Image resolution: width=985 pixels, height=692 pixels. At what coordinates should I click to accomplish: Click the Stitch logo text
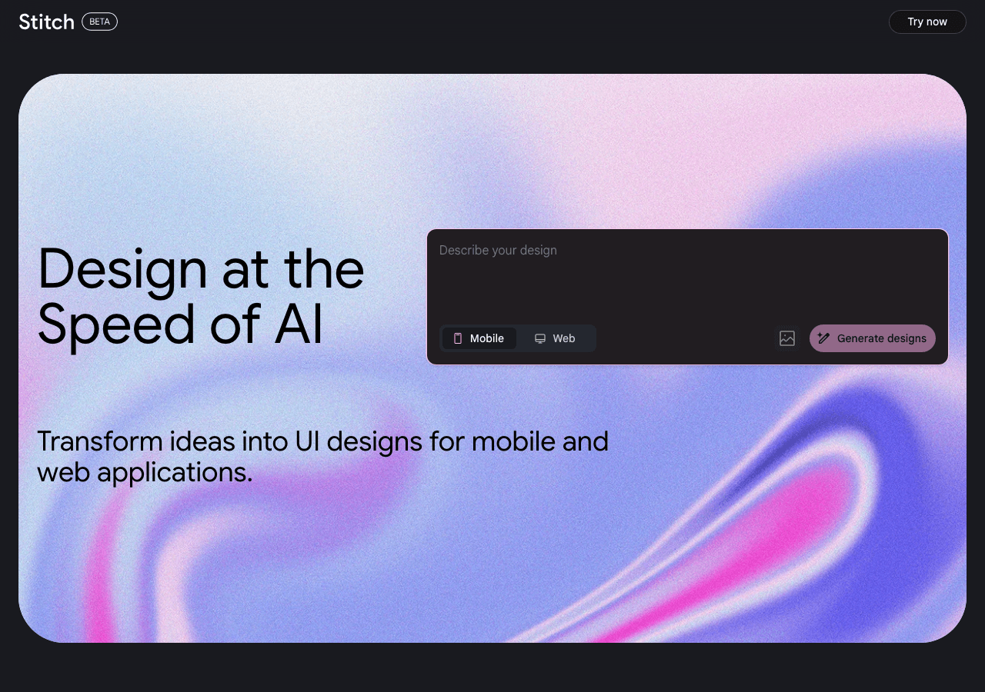[x=46, y=22]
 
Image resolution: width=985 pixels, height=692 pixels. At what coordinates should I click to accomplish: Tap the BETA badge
[x=99, y=22]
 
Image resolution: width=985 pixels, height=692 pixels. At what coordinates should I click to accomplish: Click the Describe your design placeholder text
[x=498, y=251]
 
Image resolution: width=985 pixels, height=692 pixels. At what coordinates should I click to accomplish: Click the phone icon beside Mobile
[x=458, y=338]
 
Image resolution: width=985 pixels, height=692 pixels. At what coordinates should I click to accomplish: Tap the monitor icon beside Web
[x=540, y=338]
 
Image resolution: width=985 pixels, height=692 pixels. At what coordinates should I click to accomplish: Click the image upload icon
[x=786, y=338]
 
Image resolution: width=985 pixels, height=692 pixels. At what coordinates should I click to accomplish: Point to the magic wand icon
[x=823, y=338]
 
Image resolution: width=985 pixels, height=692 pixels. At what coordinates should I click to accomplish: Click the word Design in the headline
[x=122, y=269]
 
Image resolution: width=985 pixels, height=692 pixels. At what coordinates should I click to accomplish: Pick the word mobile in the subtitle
[x=513, y=441]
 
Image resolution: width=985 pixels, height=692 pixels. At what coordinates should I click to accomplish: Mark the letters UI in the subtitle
[x=302, y=441]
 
